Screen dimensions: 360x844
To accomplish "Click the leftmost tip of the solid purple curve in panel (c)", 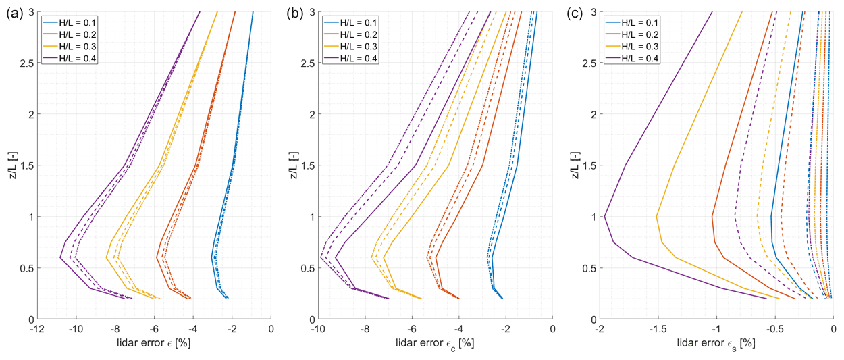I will click(604, 217).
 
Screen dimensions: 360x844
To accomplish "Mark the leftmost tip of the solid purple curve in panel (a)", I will click(60, 257).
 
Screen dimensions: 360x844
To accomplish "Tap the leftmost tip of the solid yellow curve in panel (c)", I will click(657, 217).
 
